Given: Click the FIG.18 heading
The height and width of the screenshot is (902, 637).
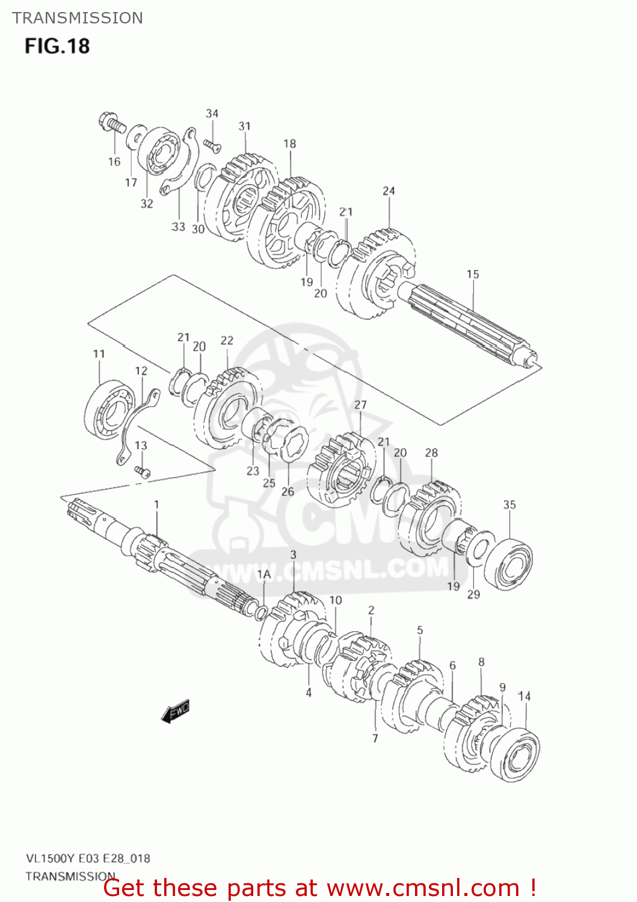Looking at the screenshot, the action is pyautogui.click(x=57, y=46).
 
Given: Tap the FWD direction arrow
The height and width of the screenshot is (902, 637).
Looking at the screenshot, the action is pyautogui.click(x=176, y=711).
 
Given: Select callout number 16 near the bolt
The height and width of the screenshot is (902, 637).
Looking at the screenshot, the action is pyautogui.click(x=114, y=161).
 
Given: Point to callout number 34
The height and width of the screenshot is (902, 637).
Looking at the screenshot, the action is pyautogui.click(x=212, y=113).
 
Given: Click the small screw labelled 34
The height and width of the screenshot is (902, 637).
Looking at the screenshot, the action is pyautogui.click(x=212, y=145).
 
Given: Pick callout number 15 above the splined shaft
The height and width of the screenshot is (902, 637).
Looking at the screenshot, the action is pyautogui.click(x=473, y=274).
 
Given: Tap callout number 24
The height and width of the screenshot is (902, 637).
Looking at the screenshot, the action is pyautogui.click(x=389, y=191).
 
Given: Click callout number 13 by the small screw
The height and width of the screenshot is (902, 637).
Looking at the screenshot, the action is pyautogui.click(x=141, y=445).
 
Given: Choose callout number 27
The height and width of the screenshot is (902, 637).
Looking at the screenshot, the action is pyautogui.click(x=360, y=404).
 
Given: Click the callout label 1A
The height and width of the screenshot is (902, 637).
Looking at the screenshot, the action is pyautogui.click(x=264, y=574).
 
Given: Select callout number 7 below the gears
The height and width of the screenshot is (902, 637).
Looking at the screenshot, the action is pyautogui.click(x=375, y=738).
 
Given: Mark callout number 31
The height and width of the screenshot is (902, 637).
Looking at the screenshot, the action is pyautogui.click(x=244, y=126).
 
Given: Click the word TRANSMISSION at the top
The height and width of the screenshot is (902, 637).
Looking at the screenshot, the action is pyautogui.click(x=78, y=18).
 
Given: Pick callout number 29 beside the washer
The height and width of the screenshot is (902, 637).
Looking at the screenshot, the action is pyautogui.click(x=474, y=594).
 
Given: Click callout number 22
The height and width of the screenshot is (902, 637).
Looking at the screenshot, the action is pyautogui.click(x=227, y=340).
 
